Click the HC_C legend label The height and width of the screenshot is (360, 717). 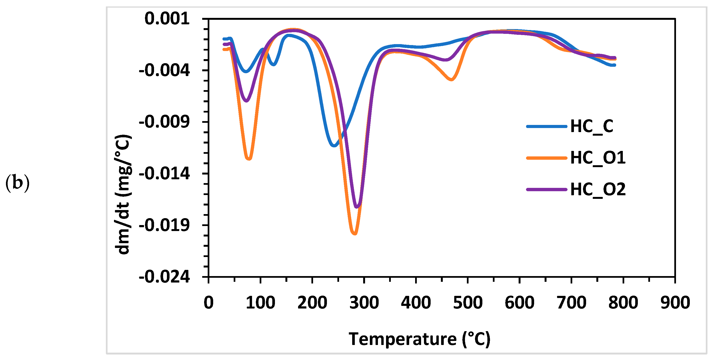point(592,127)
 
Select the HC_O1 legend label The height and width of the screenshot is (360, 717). point(598,158)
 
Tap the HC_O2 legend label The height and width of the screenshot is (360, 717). point(598,190)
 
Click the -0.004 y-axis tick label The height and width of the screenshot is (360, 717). point(164,70)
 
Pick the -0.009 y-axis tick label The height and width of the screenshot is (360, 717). point(164,122)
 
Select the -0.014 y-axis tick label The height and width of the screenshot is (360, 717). point(164,174)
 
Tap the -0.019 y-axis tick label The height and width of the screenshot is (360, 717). point(164,225)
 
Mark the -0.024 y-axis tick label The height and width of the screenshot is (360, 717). point(164,277)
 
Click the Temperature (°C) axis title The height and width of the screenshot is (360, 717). point(419,339)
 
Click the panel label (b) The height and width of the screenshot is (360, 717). point(17,183)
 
